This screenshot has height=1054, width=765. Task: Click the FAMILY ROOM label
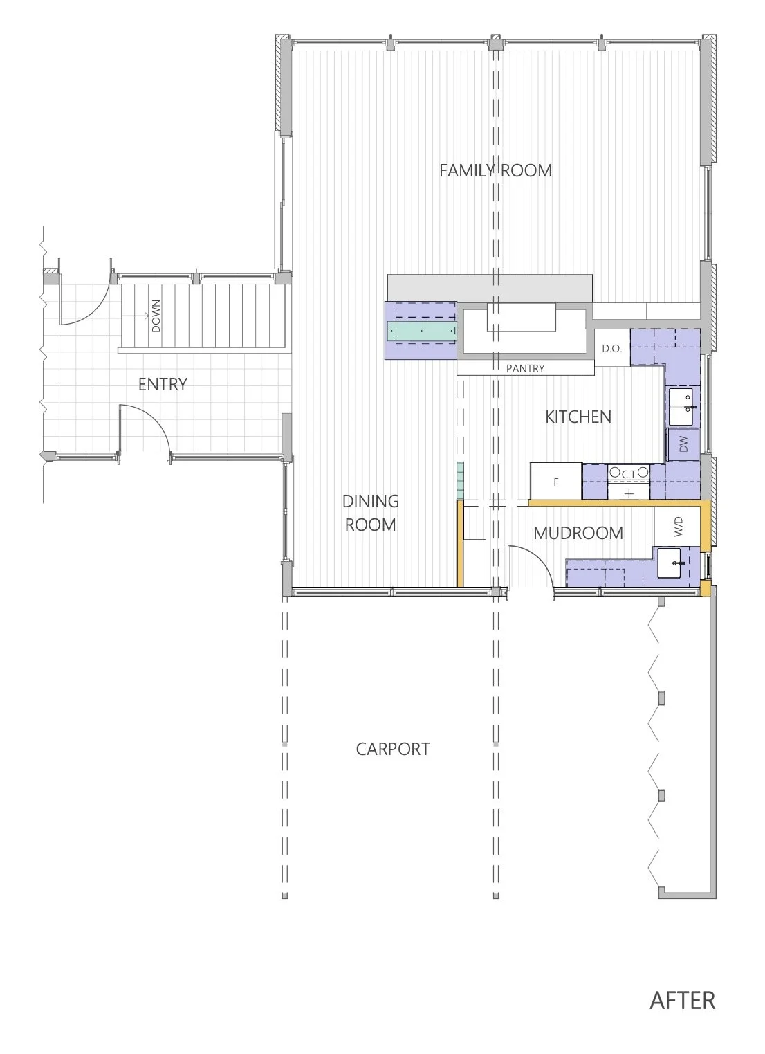[x=495, y=170]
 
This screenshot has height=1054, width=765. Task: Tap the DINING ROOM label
[x=371, y=513]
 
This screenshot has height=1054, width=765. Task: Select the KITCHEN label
[x=578, y=417]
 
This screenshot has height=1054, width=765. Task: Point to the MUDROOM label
[x=578, y=533]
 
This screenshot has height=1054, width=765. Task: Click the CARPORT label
[x=393, y=749]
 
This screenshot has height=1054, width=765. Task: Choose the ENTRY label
[x=163, y=384]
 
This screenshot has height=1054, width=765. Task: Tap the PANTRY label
[x=525, y=368]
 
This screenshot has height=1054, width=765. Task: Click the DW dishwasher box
[x=683, y=443]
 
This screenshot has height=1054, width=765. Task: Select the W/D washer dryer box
[x=678, y=527]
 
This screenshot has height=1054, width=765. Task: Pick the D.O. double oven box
[x=611, y=348]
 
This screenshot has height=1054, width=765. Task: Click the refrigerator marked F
[x=555, y=482]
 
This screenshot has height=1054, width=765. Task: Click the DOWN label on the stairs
[x=156, y=316]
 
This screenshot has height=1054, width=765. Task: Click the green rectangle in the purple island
[x=421, y=331]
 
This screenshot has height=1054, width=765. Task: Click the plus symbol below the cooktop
[x=629, y=493]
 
